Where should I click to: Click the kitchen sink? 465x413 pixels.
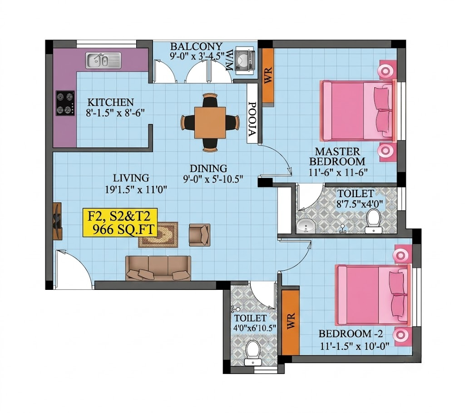tap(103, 60)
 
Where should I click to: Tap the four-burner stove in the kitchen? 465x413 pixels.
tap(65, 103)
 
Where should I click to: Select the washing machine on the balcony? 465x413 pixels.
tap(245, 60)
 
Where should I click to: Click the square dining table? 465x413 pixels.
tap(210, 123)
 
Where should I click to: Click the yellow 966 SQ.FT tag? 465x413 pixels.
tap(120, 223)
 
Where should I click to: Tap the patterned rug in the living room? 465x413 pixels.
tap(158, 234)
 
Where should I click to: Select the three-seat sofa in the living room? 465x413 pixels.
tap(158, 268)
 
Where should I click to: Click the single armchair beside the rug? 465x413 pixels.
tap(200, 235)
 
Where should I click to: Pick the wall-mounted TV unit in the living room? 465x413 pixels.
tap(57, 221)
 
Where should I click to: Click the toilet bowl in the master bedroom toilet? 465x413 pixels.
tap(373, 221)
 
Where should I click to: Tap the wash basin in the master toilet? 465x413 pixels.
tap(306, 225)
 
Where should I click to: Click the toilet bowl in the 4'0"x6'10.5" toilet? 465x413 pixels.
tap(252, 353)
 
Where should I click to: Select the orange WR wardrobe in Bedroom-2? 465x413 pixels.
tap(290, 322)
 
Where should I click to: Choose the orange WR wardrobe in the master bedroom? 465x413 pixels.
tap(268, 76)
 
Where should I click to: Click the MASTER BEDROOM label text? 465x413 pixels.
tap(337, 156)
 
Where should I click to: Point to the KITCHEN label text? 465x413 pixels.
tap(111, 102)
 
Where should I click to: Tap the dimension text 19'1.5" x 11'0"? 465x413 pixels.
tap(136, 189)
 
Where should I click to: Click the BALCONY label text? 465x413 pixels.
tap(196, 46)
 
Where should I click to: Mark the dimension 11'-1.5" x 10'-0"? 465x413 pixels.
tap(355, 346)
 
